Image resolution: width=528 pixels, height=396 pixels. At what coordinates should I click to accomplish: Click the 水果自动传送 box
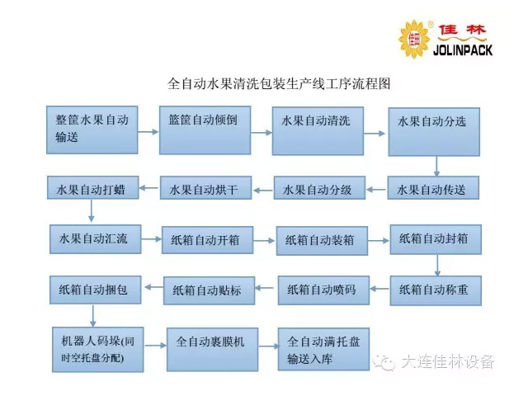coord(432,189)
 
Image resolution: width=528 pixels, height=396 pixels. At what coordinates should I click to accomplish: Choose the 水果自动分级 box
coord(318,189)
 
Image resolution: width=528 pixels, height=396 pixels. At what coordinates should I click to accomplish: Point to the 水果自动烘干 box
coord(204,189)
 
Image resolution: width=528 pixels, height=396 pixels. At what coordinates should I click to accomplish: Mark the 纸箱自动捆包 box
coord(94,290)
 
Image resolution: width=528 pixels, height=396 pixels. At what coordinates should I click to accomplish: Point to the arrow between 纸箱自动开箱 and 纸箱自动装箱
coord(263,240)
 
